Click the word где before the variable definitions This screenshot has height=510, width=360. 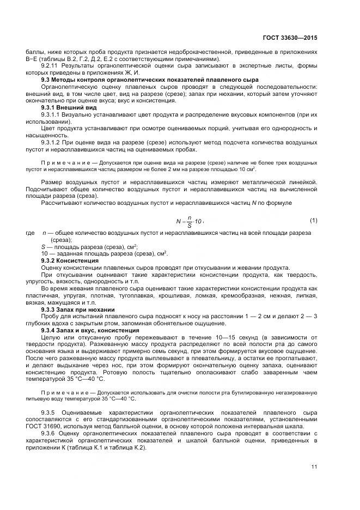coord(30,233)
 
